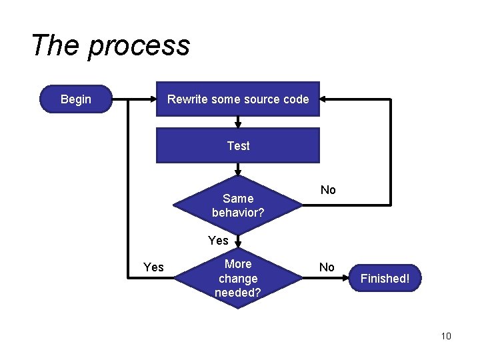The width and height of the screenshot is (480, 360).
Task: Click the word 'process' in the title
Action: tap(139, 47)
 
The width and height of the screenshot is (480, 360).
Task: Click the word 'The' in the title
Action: tap(56, 45)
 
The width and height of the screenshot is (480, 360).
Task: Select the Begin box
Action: tap(76, 99)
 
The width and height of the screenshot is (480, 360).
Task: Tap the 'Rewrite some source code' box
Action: tap(238, 99)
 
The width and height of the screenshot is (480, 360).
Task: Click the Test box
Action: tap(238, 146)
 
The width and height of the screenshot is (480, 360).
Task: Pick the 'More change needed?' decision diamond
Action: tap(238, 278)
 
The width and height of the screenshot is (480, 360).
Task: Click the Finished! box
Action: tap(385, 279)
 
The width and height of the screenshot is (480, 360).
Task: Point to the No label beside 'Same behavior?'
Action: tap(328, 190)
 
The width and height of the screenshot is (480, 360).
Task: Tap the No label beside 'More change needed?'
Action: tap(327, 267)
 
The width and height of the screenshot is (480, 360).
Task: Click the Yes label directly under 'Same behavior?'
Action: tap(218, 241)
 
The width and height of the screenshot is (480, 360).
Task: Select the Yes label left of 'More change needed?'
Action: tap(153, 267)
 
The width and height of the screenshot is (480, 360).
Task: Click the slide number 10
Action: tap(446, 336)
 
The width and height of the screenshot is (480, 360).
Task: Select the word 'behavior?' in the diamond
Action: tap(238, 213)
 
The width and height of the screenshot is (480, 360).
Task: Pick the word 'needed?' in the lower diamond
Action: tap(238, 292)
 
